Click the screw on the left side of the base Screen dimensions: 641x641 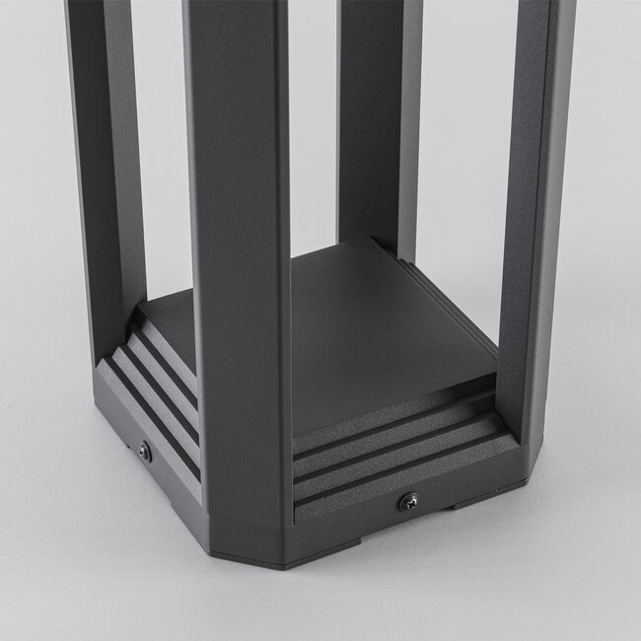pyautogui.click(x=146, y=450)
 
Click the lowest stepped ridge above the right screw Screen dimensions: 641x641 pyautogui.click(x=404, y=475)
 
